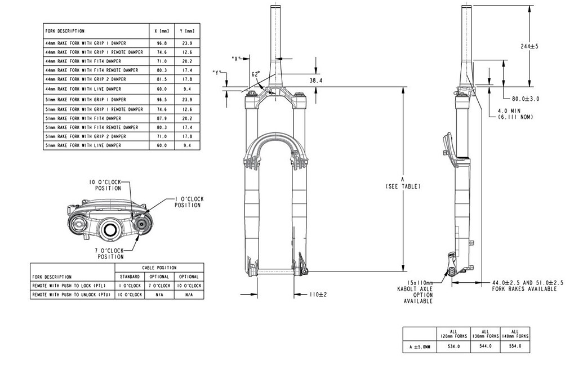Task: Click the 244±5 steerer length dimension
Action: (x=529, y=46)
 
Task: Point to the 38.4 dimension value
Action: (x=316, y=81)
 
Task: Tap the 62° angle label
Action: (x=256, y=74)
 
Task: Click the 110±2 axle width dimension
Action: (x=318, y=295)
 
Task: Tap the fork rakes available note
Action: (x=524, y=286)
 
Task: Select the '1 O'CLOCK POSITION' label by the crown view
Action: (x=188, y=202)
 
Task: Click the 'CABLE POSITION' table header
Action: (x=159, y=268)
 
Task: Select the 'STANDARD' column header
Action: (x=130, y=277)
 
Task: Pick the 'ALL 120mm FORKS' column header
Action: (x=453, y=334)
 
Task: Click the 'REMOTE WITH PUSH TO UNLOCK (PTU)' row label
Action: (x=71, y=295)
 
